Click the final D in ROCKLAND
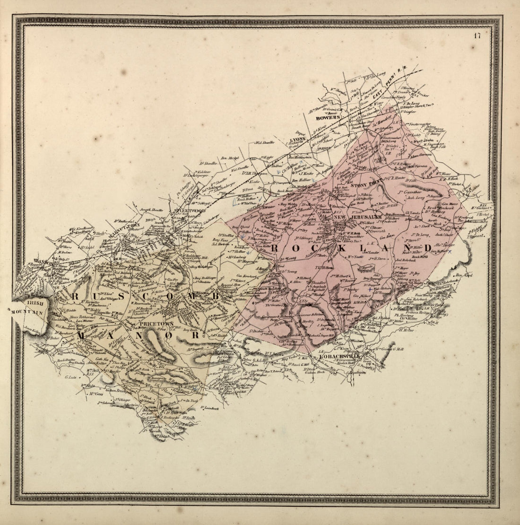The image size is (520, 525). coord(427,248)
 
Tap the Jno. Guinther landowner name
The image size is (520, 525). coord(410,192)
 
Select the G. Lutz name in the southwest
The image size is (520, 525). coord(70,377)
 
